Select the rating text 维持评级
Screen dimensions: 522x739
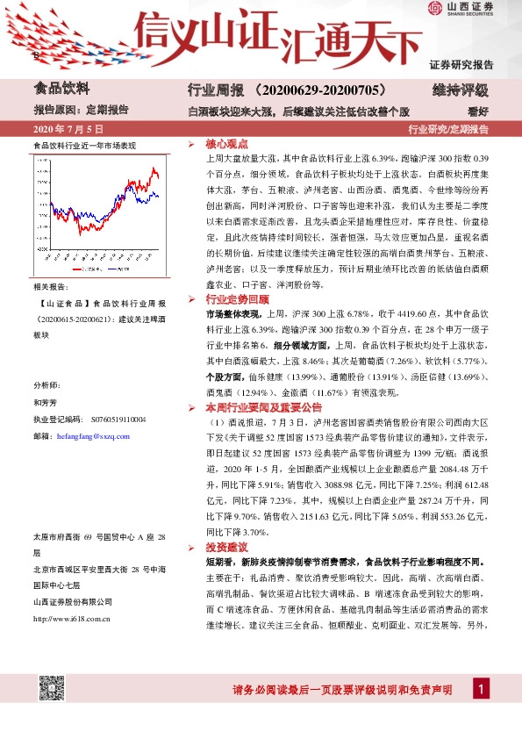[x=461, y=90]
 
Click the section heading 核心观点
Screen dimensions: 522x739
[x=226, y=144]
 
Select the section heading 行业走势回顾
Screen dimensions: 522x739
[x=233, y=298]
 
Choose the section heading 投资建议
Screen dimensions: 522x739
[x=226, y=547]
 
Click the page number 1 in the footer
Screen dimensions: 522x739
[x=481, y=690]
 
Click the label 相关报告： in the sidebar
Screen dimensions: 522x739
[x=49, y=287]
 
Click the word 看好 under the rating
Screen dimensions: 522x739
[x=479, y=111]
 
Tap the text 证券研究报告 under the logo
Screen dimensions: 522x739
[x=461, y=65]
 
